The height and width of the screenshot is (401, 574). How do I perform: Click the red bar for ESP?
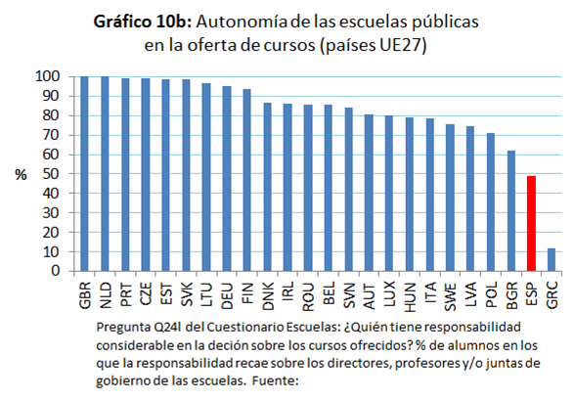[532, 223]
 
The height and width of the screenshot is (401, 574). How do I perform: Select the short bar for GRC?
[552, 259]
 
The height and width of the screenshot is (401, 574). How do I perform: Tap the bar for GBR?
[84, 173]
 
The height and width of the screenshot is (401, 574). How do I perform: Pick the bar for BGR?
[511, 210]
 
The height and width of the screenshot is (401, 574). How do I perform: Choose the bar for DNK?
[267, 187]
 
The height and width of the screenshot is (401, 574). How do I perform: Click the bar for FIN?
[246, 180]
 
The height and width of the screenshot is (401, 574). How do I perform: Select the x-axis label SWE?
[450, 293]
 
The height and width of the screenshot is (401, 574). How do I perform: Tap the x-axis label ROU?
[308, 293]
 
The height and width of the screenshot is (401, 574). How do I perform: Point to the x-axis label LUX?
[389, 293]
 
